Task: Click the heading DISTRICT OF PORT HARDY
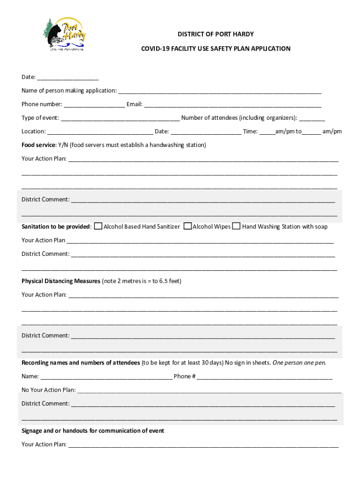216,34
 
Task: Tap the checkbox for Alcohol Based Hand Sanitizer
98,226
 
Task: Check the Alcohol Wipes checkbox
187,226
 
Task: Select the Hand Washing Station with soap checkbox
237,226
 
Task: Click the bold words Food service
38,145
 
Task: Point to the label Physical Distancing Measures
61,281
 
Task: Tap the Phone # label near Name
185,376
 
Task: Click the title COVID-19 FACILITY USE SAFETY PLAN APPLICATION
216,49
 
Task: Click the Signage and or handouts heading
93,430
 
